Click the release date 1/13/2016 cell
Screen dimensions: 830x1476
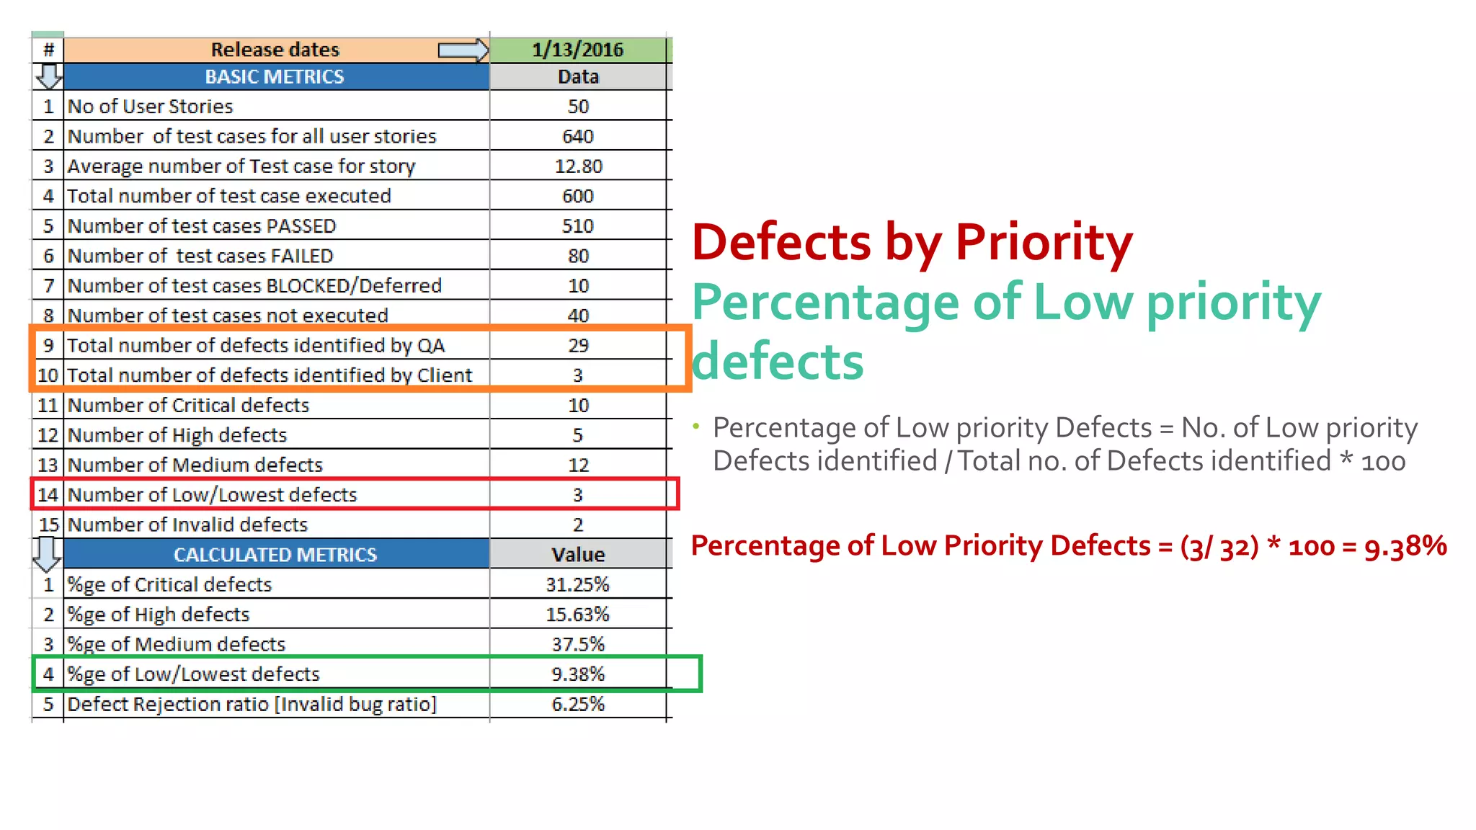coord(578,50)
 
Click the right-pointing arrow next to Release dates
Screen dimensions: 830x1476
coord(463,50)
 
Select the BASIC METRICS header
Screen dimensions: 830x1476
coord(275,77)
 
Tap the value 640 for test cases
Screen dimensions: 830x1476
coord(578,136)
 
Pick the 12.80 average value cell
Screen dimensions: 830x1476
coord(578,166)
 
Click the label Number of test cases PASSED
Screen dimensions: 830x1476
coord(202,226)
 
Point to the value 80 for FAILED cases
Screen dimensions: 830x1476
coord(578,256)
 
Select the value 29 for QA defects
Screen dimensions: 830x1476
coord(578,346)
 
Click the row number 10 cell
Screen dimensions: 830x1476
coord(48,375)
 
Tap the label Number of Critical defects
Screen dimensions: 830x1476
coord(188,406)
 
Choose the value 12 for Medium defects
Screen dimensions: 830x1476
coord(578,465)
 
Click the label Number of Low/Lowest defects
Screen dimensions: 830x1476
coord(213,495)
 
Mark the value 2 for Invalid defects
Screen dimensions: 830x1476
coord(578,525)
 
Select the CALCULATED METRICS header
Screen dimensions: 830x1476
coord(275,555)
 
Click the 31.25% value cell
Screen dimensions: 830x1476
coord(578,585)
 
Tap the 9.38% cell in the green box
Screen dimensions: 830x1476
coord(578,674)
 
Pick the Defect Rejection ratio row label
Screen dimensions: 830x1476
coord(252,705)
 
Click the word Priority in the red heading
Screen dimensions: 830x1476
coord(1044,242)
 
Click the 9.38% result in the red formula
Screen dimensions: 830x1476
coord(1405,546)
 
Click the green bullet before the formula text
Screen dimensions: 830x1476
coord(696,427)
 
